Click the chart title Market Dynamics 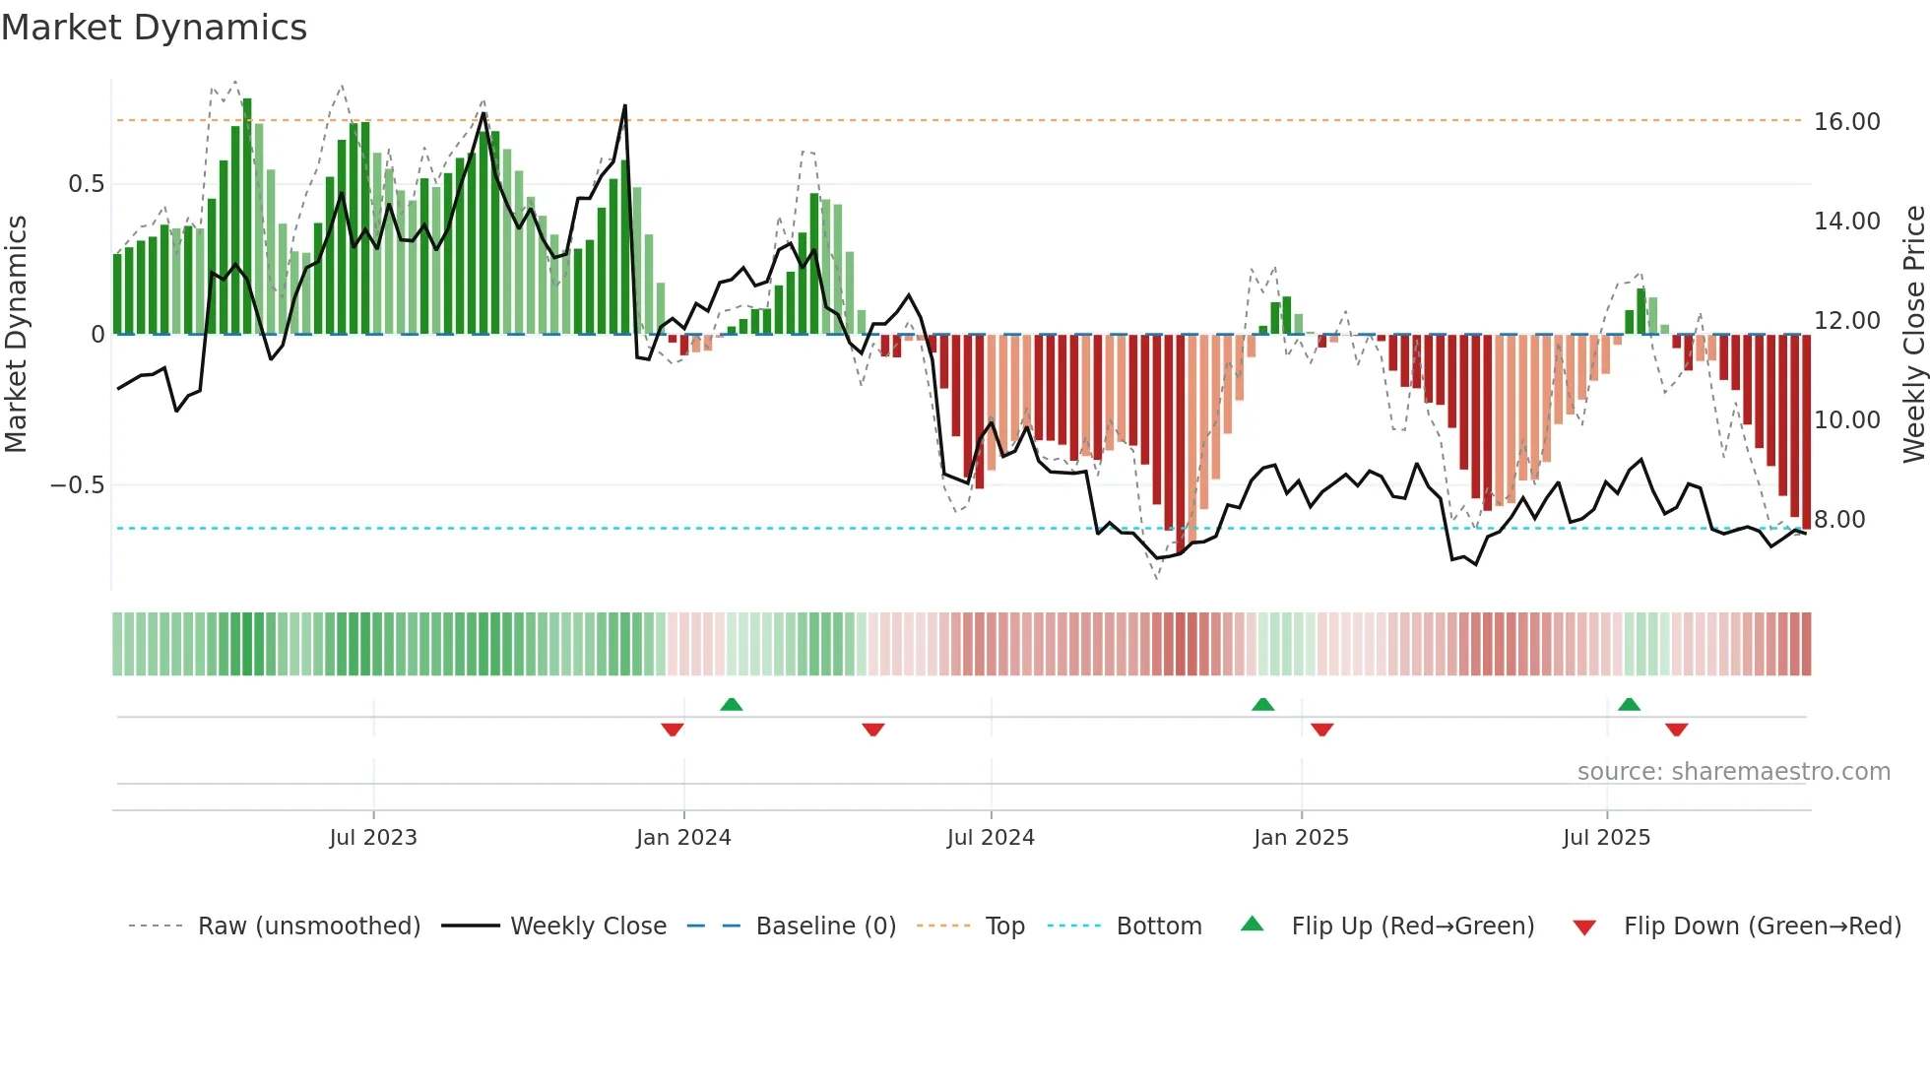tap(154, 28)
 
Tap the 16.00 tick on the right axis tap(1846, 122)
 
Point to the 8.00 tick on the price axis tap(1838, 520)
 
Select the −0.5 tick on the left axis tap(77, 485)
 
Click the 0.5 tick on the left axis tap(86, 184)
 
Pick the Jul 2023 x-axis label tap(373, 838)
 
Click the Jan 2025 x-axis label tap(1301, 838)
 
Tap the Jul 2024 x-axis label tap(991, 838)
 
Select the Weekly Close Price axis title tap(1913, 335)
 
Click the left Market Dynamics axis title tap(16, 335)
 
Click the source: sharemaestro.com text tap(1733, 772)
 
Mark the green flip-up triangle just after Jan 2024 tap(731, 705)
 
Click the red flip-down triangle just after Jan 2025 tap(1321, 730)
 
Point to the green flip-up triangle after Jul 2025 tap(1629, 705)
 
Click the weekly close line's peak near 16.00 tap(624, 106)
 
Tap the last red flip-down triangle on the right tap(1676, 730)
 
